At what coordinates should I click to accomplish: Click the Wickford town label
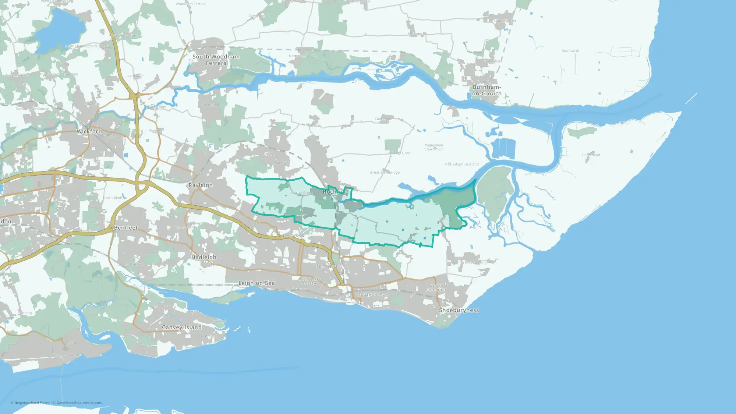click(x=89, y=131)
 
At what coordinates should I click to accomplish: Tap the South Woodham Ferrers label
click(x=216, y=60)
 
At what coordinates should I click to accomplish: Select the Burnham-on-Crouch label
click(x=486, y=90)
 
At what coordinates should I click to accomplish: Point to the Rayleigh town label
click(x=201, y=185)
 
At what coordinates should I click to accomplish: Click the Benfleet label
click(x=126, y=228)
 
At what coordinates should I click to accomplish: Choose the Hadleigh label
click(x=204, y=257)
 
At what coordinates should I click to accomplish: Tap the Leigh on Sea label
click(x=256, y=283)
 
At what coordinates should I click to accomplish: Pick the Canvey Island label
click(x=182, y=327)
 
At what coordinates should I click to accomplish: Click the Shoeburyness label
click(x=459, y=310)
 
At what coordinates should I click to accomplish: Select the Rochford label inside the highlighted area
click(x=336, y=192)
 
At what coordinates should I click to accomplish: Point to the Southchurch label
click(x=373, y=295)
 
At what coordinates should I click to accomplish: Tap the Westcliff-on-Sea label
click(x=309, y=282)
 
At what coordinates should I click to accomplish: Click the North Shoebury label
click(x=436, y=288)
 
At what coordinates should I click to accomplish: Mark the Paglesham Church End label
click(x=434, y=147)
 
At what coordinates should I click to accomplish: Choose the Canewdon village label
click(x=383, y=119)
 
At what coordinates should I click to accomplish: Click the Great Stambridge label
click(x=385, y=172)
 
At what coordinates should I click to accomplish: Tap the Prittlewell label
click(x=329, y=266)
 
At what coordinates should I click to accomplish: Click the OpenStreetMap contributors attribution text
click(x=79, y=403)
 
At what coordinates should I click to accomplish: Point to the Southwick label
click(x=570, y=51)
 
